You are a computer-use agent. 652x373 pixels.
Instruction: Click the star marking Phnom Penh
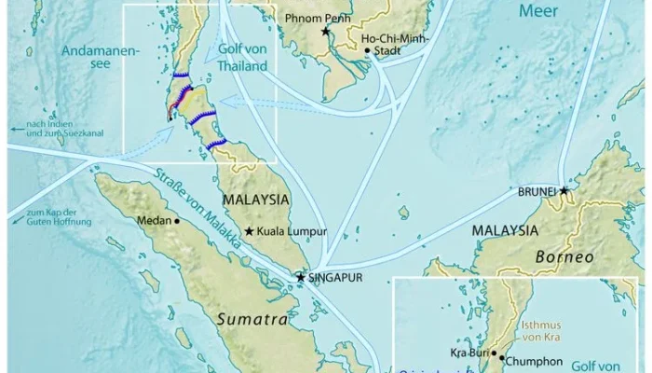tap(326, 32)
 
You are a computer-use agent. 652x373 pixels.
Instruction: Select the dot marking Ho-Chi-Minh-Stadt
tap(368, 50)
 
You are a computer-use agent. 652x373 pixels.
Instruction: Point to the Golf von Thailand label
tap(241, 59)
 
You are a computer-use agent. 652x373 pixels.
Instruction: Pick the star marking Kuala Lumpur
tap(249, 231)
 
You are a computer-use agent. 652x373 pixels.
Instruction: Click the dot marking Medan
tap(175, 221)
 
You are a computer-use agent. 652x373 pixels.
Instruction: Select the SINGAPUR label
tap(338, 278)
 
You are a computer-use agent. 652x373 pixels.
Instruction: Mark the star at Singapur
tap(301, 277)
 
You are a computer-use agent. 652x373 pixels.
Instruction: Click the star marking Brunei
tap(564, 190)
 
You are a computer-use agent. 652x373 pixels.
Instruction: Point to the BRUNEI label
tap(537, 192)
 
